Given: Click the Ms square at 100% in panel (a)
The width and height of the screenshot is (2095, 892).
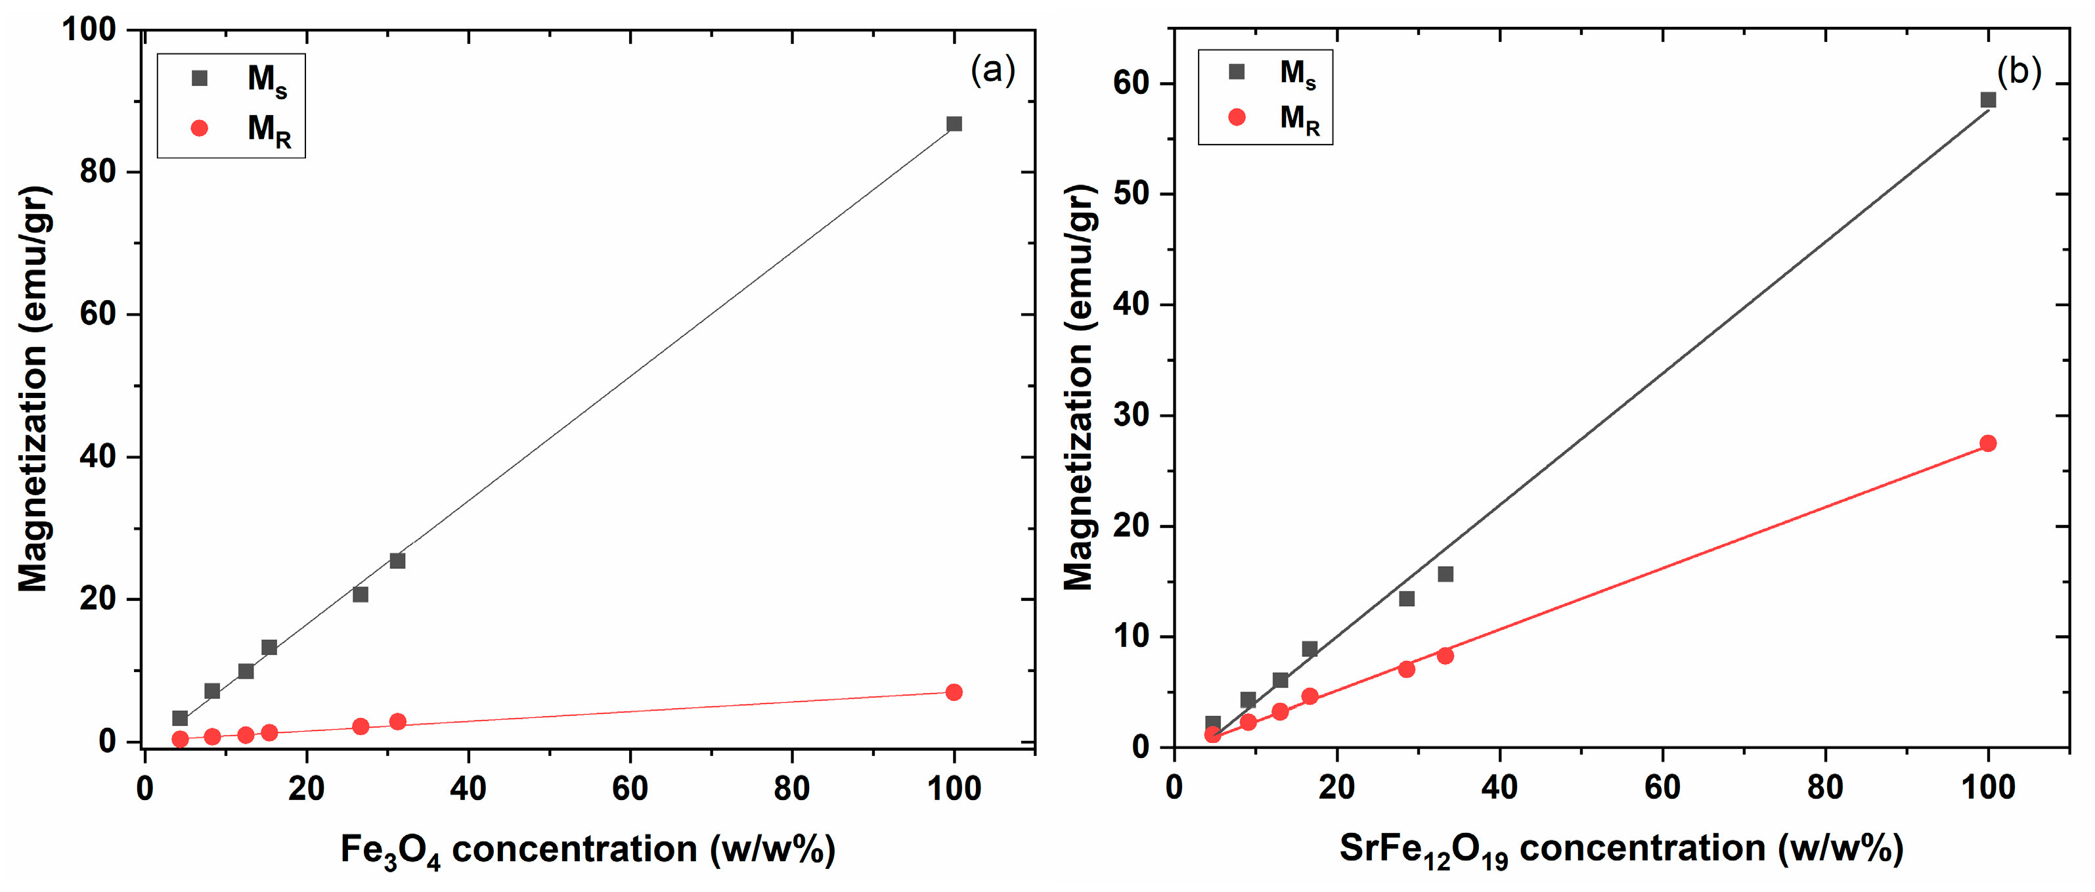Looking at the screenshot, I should [x=954, y=123].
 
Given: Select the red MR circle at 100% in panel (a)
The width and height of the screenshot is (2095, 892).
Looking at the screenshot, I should [x=954, y=692].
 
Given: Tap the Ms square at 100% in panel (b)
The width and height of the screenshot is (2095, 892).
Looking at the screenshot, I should [x=1988, y=100].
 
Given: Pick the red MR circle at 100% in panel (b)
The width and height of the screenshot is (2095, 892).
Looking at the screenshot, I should [x=1988, y=443].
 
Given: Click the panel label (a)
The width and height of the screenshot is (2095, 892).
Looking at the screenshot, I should [x=992, y=71].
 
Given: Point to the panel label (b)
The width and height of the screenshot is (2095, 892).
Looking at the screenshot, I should [x=2019, y=72].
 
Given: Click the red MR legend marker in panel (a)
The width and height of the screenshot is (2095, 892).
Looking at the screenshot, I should [x=199, y=127].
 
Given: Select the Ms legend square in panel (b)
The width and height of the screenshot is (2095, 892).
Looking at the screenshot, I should [x=1236, y=72].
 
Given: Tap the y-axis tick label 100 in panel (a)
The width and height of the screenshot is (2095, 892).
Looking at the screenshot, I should [x=89, y=30].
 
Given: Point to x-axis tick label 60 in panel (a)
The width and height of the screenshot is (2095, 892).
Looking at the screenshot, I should [x=629, y=788].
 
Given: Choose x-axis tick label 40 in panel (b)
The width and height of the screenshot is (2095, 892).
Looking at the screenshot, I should [x=1499, y=787].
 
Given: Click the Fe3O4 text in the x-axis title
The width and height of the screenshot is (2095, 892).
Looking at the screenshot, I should [x=390, y=851].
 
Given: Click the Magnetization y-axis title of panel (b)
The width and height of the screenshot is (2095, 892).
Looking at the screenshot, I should [x=1079, y=386].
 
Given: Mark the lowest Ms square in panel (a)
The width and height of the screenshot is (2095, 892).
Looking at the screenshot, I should [x=180, y=718].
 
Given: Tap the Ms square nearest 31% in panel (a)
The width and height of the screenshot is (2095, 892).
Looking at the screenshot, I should [x=397, y=561].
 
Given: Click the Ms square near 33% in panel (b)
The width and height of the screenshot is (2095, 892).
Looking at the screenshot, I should [x=1445, y=574].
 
